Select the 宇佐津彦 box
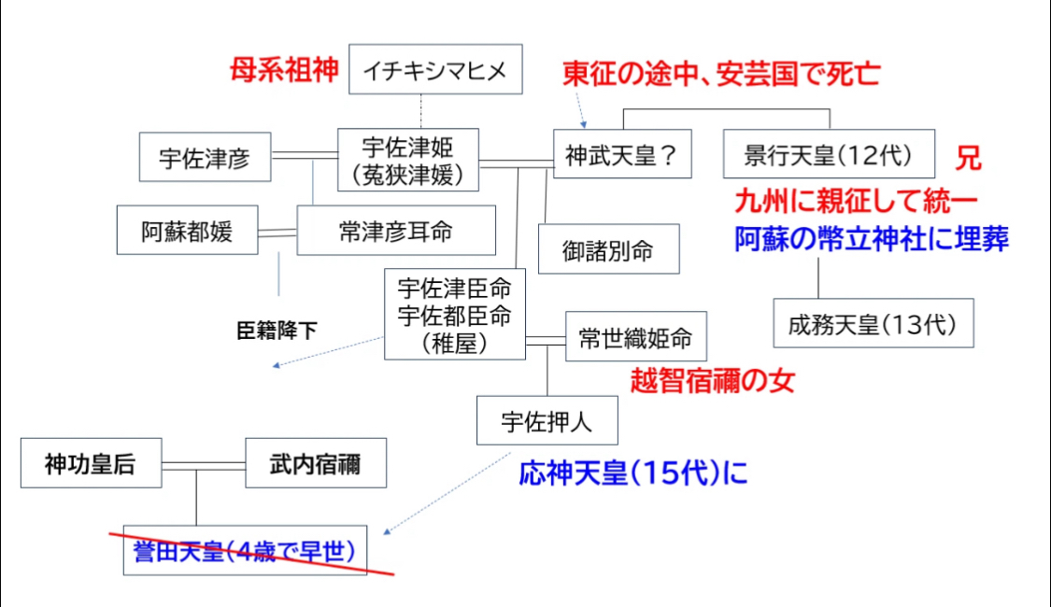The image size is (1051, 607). coord(206,157)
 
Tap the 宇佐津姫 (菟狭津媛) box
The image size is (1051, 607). coord(407,158)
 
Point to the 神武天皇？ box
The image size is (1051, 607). coord(621,154)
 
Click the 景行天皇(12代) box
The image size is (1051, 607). coord(829,154)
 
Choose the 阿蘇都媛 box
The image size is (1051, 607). coord(187,231)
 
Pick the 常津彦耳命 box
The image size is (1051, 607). coord(396,230)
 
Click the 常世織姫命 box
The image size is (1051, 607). coord(635,337)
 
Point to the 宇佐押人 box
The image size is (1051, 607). coord(547,422)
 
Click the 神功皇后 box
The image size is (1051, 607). coord(91,462)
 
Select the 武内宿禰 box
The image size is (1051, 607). coord(316,462)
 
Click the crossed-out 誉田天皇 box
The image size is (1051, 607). coord(245,550)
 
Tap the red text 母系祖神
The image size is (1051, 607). coord(284,71)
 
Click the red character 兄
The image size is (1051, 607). coord(968,158)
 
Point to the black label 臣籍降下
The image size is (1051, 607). coord(277,330)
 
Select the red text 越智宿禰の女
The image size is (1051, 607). coord(712,380)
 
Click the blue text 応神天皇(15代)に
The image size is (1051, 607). coord(633,473)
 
